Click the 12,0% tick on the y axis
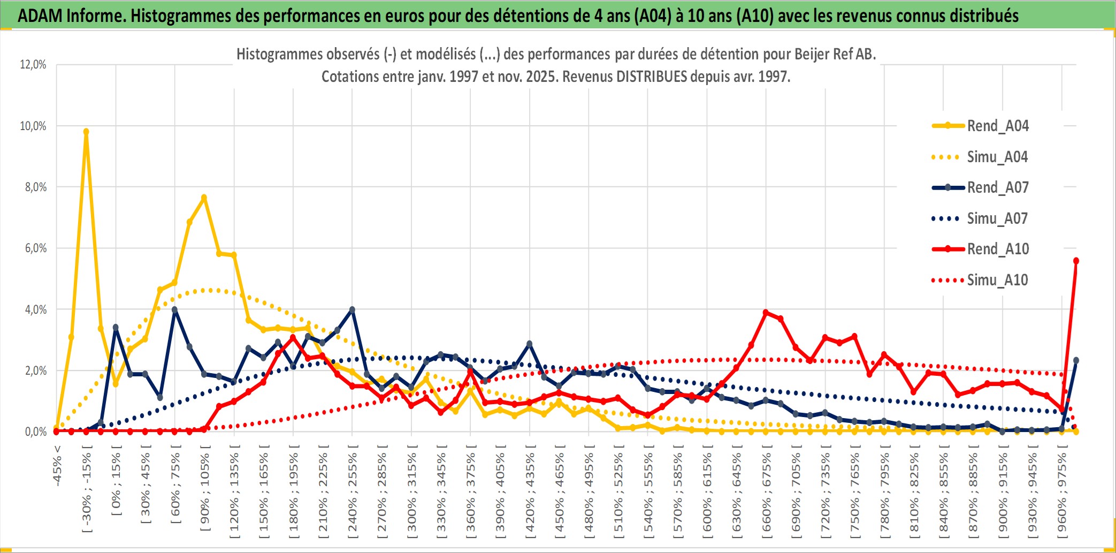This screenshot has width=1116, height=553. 33,65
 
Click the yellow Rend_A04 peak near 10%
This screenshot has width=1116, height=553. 86,132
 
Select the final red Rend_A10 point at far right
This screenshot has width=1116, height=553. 1076,261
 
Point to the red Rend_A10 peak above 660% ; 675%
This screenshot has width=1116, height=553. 766,312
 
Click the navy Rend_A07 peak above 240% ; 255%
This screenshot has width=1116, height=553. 352,310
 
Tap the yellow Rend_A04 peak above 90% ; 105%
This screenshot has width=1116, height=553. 204,198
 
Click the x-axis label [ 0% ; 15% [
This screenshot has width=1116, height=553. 116,484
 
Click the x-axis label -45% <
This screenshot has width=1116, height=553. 57,466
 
